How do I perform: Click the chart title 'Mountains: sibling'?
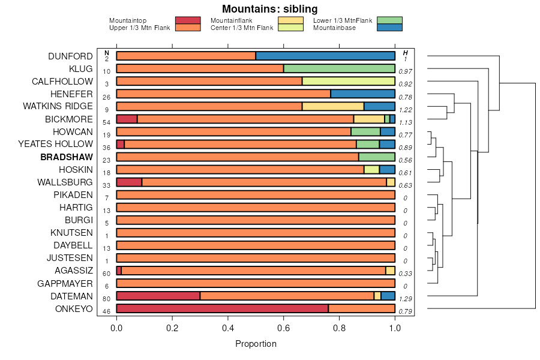pos(269,9)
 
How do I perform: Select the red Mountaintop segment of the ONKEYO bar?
pos(222,308)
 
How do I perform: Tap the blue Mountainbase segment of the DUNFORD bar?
pos(325,56)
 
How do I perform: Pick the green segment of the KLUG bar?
pos(339,68)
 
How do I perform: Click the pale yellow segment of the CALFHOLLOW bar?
pos(349,81)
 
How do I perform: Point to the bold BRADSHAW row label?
pos(67,157)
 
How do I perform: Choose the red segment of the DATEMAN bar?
pos(158,296)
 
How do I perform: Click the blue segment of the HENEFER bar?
pos(362,94)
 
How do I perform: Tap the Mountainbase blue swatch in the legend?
pos(390,27)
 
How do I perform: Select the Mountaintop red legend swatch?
pos(187,20)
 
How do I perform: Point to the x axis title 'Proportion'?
pos(256,344)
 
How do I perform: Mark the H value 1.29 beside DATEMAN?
pos(406,298)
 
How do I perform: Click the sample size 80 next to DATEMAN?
pos(106,298)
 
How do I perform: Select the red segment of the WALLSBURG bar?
pos(129,182)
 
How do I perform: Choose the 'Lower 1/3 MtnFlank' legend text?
pos(343,20)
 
